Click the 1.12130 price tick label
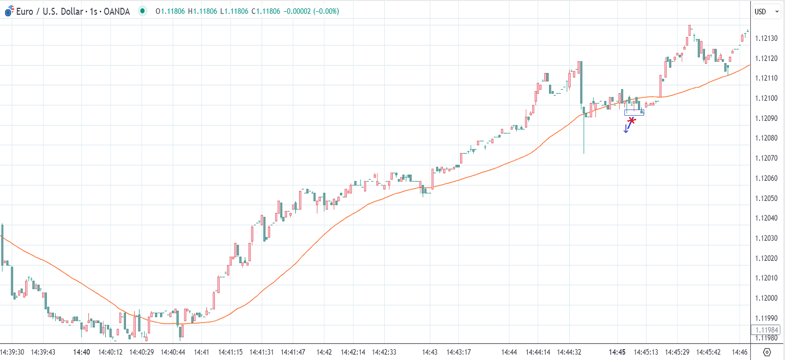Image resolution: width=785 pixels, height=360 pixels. (766, 38)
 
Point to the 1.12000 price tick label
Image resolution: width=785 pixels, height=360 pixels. (766, 298)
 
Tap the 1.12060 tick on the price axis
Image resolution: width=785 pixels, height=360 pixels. (766, 178)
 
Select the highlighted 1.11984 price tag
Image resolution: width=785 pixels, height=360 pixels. (766, 330)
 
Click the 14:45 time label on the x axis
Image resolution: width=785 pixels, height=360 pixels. (617, 352)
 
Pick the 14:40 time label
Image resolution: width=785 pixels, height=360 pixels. (81, 352)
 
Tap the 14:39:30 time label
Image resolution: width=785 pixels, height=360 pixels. (12, 352)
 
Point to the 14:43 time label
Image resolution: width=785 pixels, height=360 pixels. (430, 352)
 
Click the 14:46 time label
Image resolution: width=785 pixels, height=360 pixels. (740, 352)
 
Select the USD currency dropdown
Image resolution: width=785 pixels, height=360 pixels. (766, 12)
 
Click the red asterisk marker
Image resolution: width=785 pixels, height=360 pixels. (631, 120)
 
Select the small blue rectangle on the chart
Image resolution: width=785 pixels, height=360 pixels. (634, 112)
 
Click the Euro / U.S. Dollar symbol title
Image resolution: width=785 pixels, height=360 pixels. (50, 11)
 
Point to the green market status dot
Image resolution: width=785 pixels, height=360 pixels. (143, 11)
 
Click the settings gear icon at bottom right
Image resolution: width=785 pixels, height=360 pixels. (767, 352)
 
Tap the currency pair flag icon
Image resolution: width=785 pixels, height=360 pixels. (9, 11)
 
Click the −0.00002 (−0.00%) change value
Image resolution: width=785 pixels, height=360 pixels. (311, 11)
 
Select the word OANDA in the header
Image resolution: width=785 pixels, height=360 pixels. (117, 11)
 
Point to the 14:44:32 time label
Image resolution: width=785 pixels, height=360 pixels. (569, 352)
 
